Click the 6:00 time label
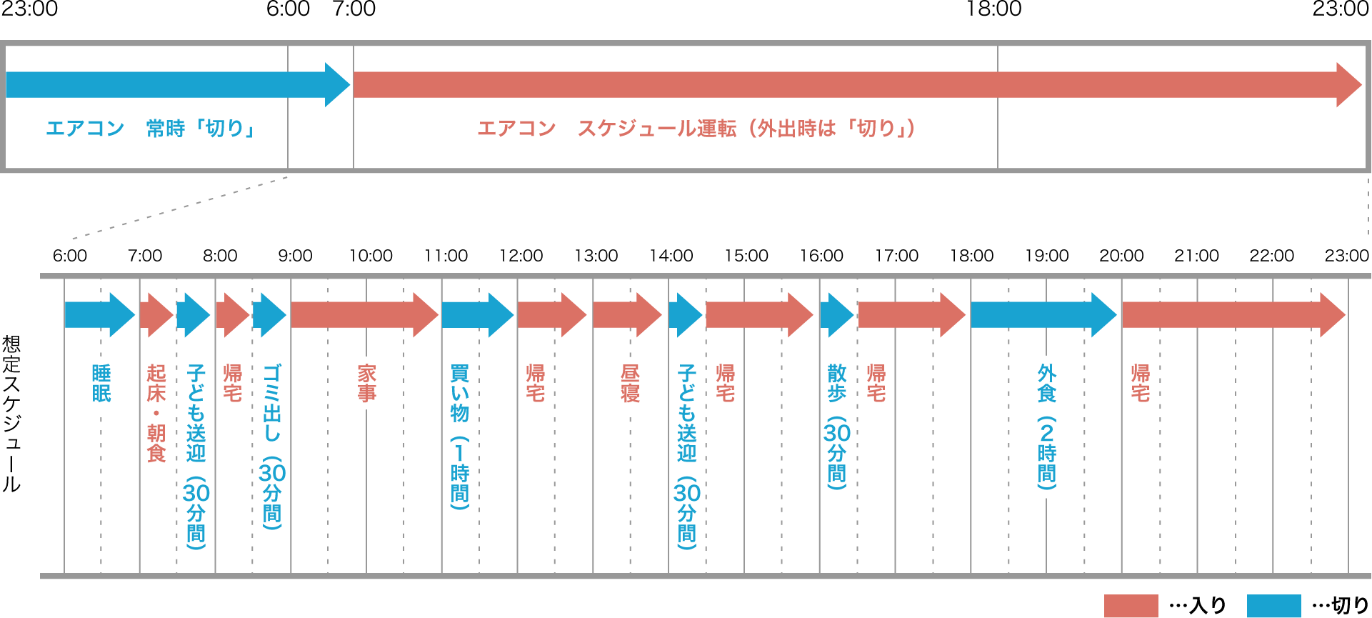[70, 256]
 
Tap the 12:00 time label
[521, 256]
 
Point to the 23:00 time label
[1346, 256]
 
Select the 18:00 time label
[972, 256]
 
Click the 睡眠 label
[101, 384]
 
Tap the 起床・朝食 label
[156, 413]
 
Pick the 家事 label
[366, 384]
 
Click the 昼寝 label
[630, 384]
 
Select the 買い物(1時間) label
[460, 437]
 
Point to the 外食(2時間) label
[1046, 427]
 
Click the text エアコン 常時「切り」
[150, 129]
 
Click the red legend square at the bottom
[1131, 606]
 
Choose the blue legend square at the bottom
[1273, 606]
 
